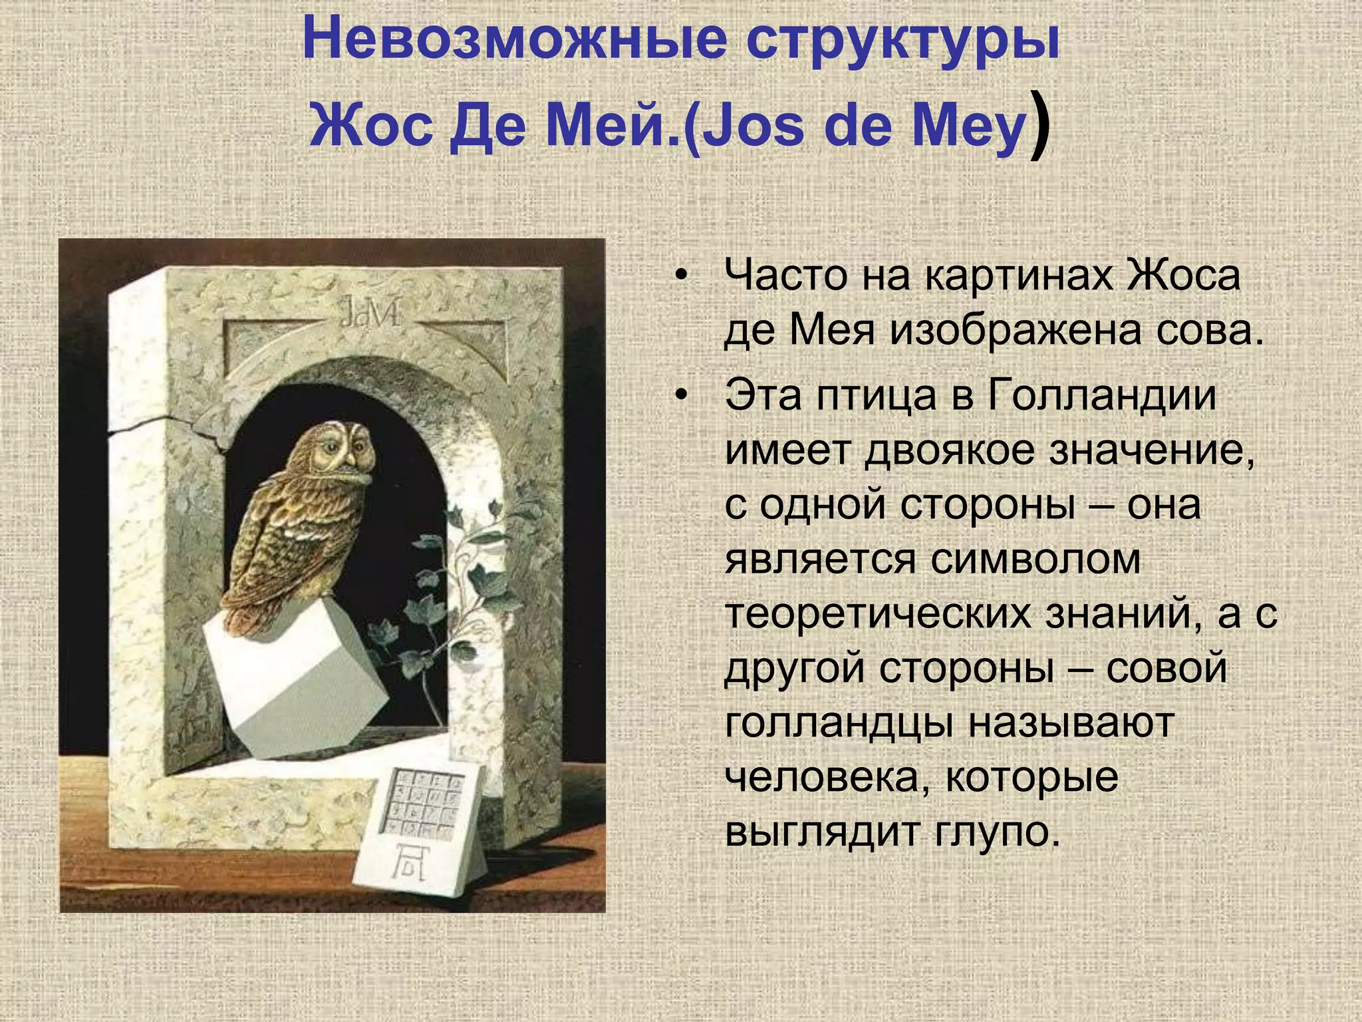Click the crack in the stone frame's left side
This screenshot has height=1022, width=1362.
[x=160, y=426]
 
